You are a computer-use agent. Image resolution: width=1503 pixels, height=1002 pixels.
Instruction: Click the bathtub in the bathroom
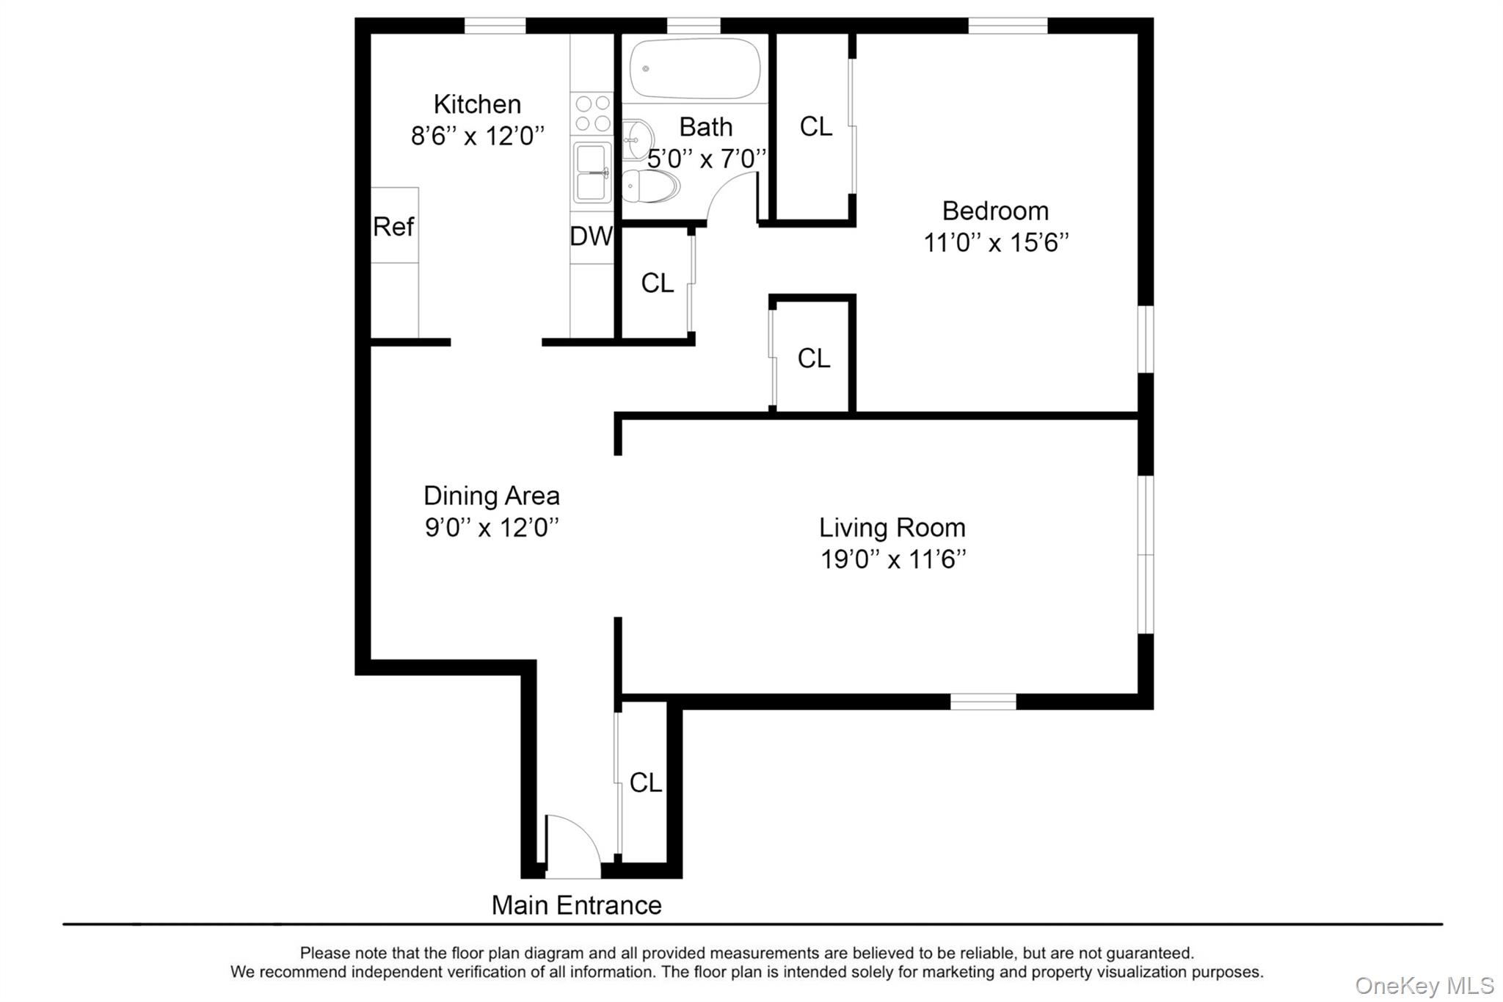[x=694, y=68]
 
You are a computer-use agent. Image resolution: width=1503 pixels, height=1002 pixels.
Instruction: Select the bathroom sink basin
[x=638, y=139]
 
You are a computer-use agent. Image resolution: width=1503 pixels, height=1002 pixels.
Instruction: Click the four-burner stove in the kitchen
[x=592, y=113]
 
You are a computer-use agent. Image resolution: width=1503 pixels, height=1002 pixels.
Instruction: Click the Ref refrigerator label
[x=393, y=226]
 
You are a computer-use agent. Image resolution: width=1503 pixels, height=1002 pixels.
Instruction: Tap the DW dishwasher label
[x=591, y=236]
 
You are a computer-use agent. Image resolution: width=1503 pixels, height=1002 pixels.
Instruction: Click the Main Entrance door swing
[x=572, y=844]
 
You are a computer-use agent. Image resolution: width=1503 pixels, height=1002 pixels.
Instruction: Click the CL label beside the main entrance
[x=646, y=783]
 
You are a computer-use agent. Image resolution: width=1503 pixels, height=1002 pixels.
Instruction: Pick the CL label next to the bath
[x=815, y=126]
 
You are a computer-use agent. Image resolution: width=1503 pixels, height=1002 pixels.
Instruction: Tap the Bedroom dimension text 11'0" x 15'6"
[x=995, y=242]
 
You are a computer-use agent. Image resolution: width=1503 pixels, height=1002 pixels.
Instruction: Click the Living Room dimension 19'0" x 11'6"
[x=892, y=559]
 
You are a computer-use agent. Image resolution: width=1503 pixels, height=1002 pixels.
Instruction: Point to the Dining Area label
[x=491, y=495]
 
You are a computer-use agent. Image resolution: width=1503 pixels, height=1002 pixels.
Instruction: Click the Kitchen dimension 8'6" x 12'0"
[x=477, y=136]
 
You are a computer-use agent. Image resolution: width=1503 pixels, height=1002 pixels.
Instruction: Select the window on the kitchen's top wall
[x=495, y=26]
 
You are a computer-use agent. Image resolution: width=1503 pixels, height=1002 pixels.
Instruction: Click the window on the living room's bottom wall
[x=983, y=702]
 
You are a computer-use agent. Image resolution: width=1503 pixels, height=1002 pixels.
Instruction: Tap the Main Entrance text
[x=576, y=905]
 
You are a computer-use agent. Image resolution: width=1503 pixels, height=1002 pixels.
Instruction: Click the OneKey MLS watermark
[x=1424, y=985]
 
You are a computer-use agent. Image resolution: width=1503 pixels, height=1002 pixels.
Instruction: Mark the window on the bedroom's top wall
[x=1008, y=26]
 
